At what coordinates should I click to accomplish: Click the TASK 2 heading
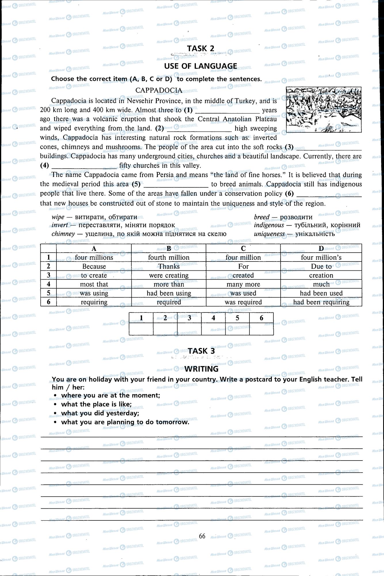coord(201,48)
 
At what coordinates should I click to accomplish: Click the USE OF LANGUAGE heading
coord(200,66)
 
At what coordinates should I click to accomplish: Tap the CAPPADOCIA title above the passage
coord(159,90)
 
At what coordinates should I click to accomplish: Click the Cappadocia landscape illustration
coord(324,109)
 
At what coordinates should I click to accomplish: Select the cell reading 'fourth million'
coord(169,257)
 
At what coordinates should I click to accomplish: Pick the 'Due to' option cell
coord(321,266)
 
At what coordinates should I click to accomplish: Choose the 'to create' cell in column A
coord(94,275)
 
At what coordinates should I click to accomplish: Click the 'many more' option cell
coord(243,284)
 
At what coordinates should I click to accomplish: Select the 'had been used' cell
coord(321,293)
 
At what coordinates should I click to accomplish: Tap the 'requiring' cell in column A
coord(94,302)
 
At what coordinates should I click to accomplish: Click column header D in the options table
coord(321,249)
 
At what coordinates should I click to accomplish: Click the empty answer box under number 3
coord(189,329)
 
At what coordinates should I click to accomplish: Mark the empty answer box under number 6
coord(261,329)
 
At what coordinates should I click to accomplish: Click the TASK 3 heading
coord(201,351)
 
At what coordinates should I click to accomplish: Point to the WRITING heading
coord(201,369)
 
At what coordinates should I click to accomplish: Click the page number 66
coord(202,536)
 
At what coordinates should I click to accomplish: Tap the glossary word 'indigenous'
coord(269,225)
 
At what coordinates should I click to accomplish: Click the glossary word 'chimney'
coord(63,234)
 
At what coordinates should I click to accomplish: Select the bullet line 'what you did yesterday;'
coord(100,413)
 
